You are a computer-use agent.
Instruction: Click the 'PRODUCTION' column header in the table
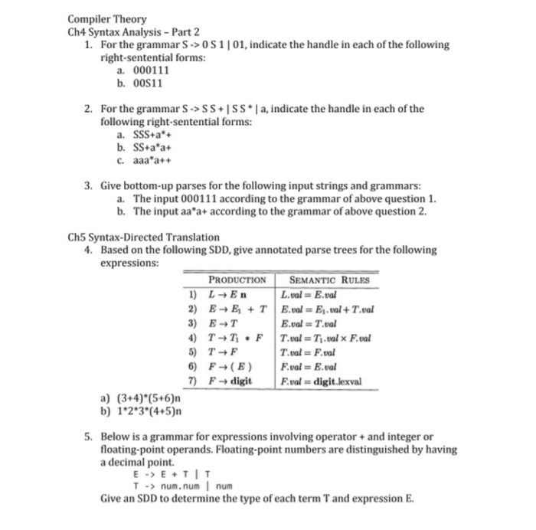(x=237, y=280)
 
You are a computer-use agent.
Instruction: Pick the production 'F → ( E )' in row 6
(x=230, y=366)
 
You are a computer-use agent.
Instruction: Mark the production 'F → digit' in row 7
(x=230, y=381)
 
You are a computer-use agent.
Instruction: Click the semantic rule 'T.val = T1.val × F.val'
(x=325, y=337)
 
